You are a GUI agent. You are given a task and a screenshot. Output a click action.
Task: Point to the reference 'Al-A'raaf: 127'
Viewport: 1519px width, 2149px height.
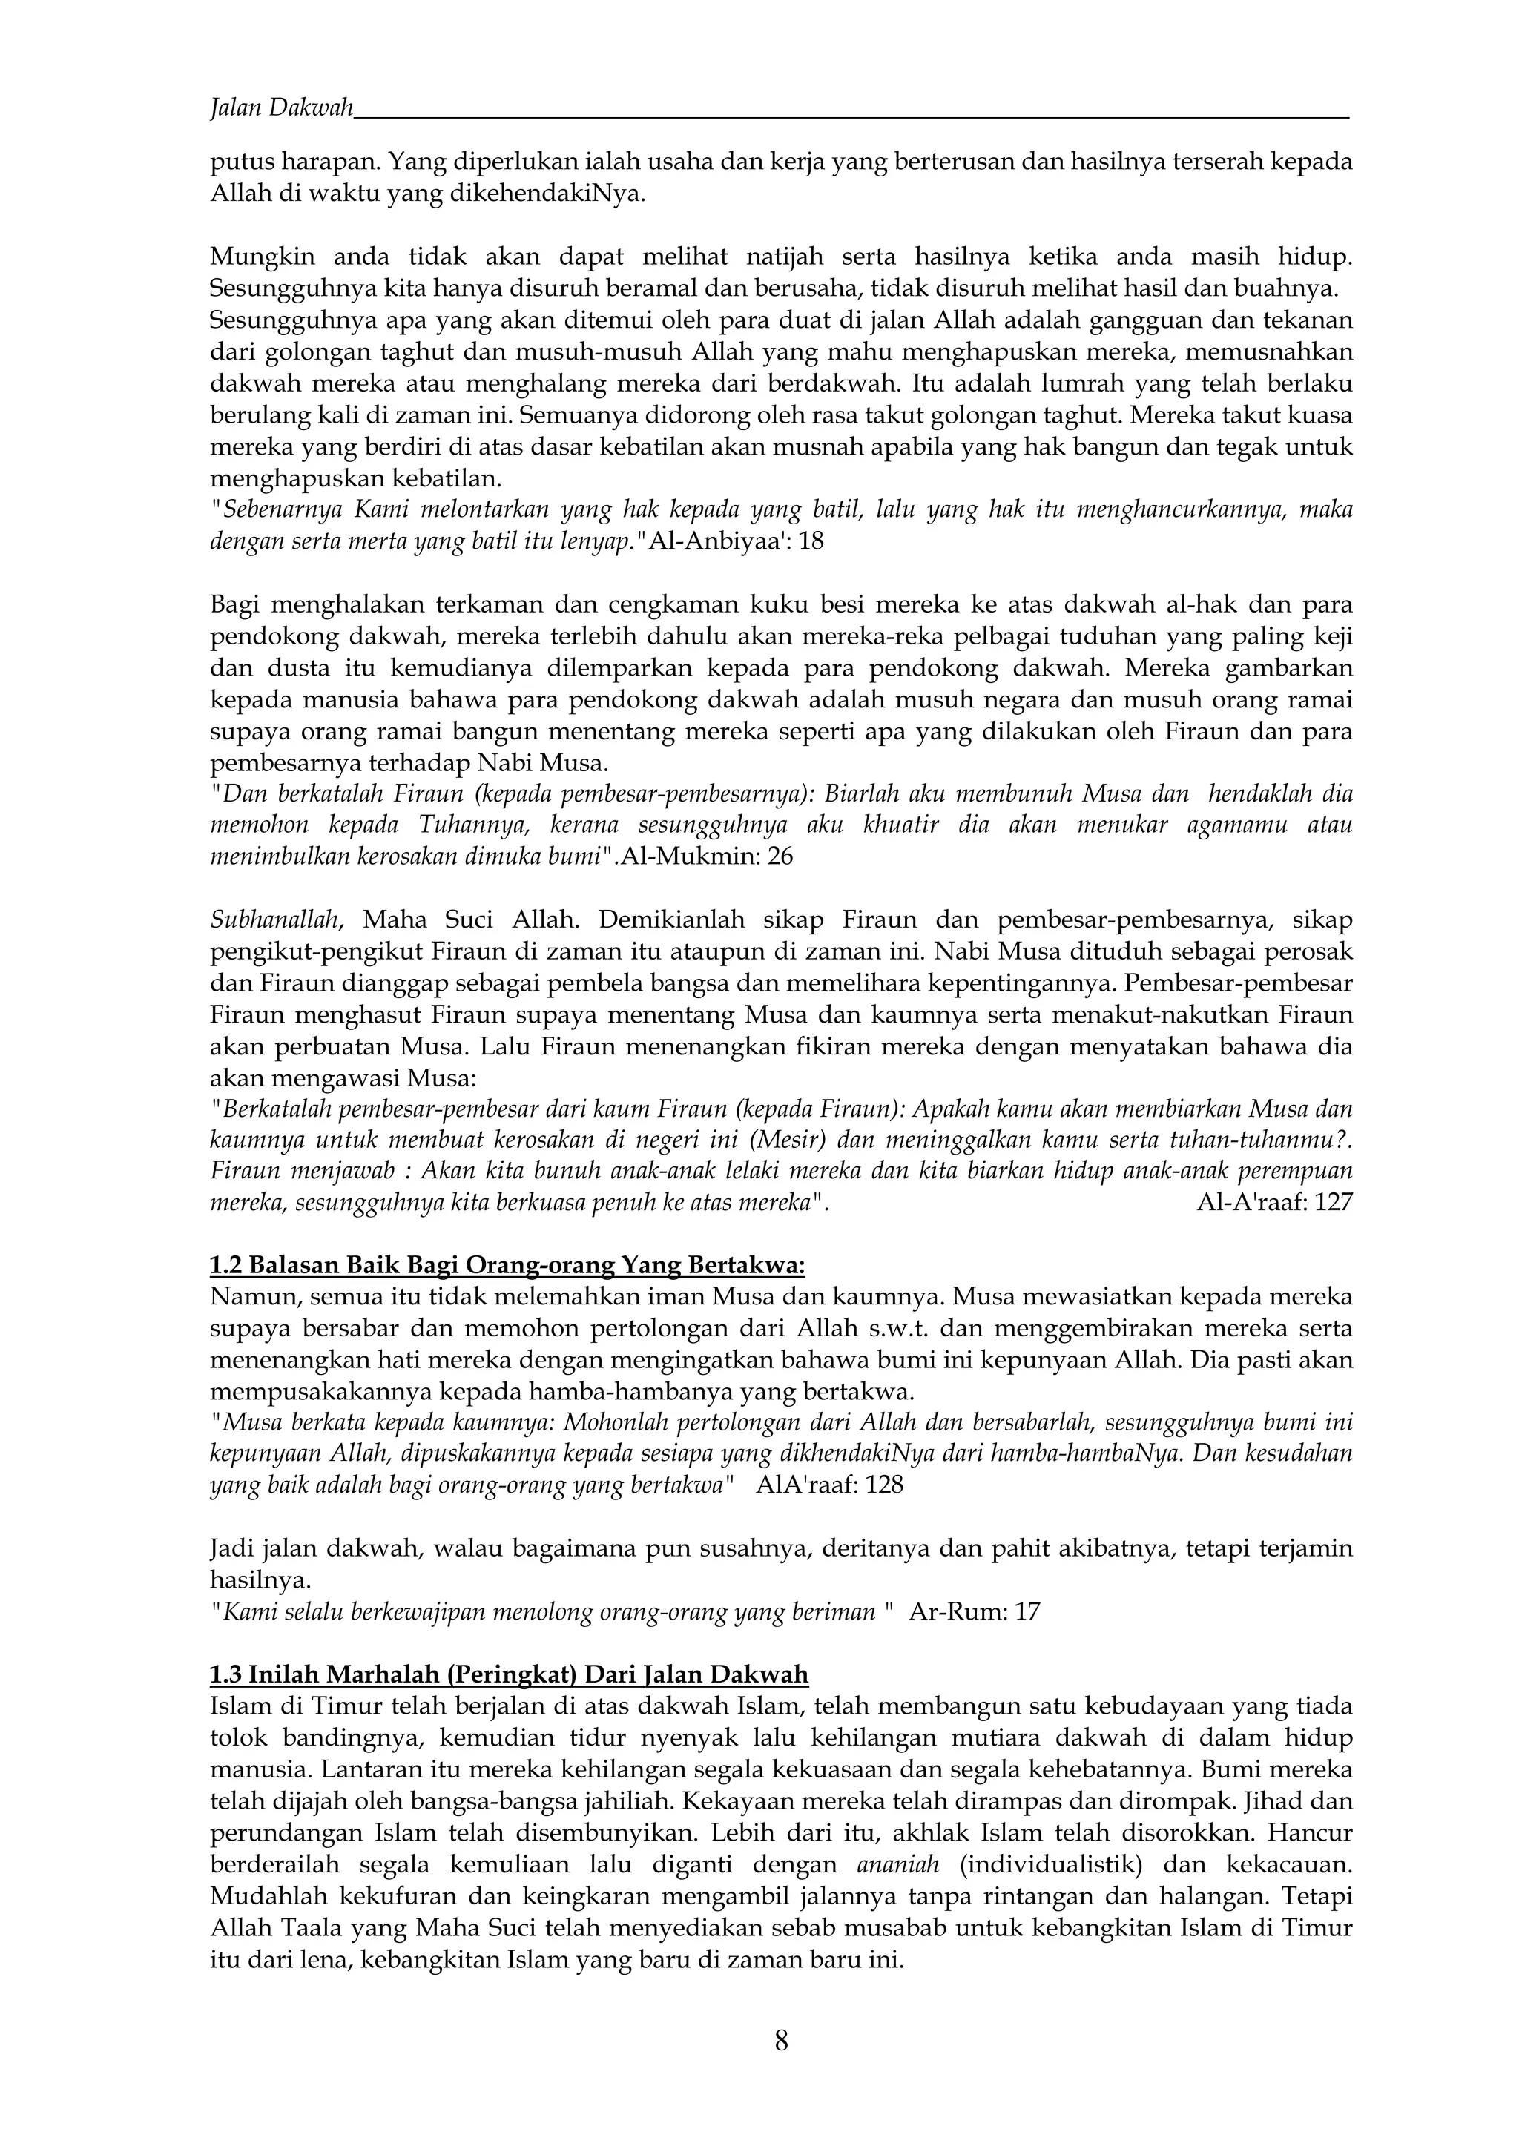point(1275,1203)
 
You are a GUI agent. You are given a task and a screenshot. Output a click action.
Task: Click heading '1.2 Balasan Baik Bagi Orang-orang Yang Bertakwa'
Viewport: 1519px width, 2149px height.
point(507,1265)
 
